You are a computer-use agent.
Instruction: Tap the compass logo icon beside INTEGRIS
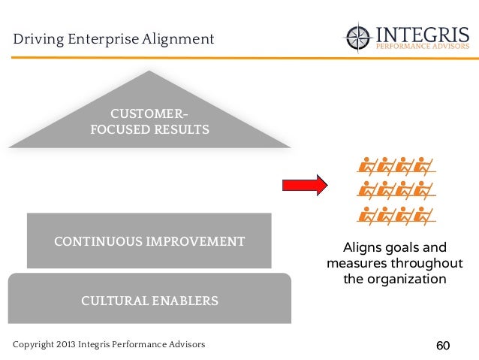point(357,38)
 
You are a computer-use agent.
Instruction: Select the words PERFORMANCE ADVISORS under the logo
point(422,46)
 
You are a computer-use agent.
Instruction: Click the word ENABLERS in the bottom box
point(185,301)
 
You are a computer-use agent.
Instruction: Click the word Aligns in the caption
point(363,248)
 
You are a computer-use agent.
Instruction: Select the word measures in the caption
point(353,264)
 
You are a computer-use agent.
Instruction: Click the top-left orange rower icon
point(368,165)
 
